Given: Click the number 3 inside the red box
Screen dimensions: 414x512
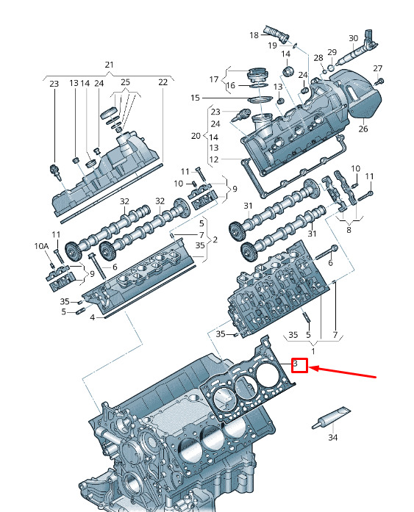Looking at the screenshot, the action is tap(295, 363).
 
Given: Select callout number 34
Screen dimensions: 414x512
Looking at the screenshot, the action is tap(332, 437).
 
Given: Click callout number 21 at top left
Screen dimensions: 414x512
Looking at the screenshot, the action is tap(109, 65).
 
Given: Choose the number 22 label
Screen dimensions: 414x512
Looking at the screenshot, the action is tap(163, 82).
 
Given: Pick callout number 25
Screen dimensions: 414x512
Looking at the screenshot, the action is tap(125, 82).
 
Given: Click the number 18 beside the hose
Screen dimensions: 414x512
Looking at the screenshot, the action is tap(254, 35).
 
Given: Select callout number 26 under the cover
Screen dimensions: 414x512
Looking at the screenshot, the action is tap(363, 129).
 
